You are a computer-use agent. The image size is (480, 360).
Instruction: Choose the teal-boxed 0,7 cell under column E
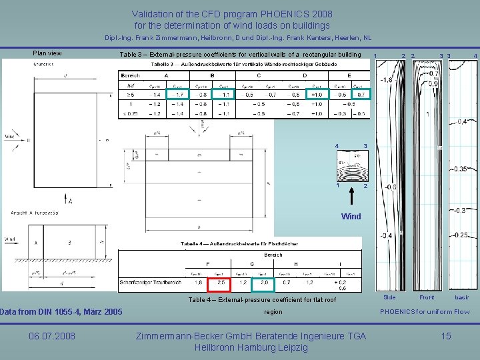pos(361,95)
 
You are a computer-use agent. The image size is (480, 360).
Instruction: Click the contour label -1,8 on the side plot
pos(385,80)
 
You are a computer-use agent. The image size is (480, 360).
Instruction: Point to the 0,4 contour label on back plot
pos(462,121)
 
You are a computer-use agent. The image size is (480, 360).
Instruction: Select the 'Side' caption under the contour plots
pos(389,297)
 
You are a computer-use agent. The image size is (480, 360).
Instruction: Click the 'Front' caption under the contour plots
pos(427,297)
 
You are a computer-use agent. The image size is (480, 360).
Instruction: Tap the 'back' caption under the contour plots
pos(462,297)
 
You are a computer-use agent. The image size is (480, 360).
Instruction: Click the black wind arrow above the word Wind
pos(351,197)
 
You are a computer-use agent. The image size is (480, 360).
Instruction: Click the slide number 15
pos(446,336)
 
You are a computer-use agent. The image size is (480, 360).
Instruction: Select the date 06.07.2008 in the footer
pos(52,336)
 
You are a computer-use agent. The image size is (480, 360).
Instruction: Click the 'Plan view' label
pos(47,53)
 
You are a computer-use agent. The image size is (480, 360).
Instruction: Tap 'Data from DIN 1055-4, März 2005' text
pos(61,311)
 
